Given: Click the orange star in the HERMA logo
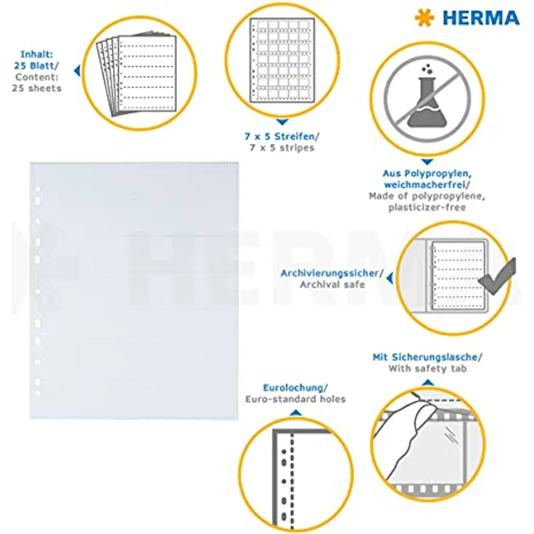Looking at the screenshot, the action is coord(424,17).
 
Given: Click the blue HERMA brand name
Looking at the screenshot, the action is coord(481,18).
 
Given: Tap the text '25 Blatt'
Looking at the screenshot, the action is coord(33,65).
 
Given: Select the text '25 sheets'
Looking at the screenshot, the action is coord(37,89).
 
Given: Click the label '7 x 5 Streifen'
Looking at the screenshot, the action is coord(280,136).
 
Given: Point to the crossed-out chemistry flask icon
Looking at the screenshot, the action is coord(427,99).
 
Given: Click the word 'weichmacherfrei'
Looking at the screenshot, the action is coord(424,184).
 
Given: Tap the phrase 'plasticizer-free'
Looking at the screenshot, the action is coord(427,208).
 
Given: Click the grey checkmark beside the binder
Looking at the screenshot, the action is coord(498,278).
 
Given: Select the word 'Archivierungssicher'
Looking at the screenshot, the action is coord(329,273).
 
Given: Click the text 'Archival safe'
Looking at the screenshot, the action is coord(332,284).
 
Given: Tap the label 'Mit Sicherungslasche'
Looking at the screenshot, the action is coord(424,357).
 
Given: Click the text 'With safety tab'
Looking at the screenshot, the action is coord(427,369).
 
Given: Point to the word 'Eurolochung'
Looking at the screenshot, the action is coord(293,387).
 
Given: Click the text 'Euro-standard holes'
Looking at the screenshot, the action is coord(295,399).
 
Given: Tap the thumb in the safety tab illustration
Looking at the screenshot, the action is coord(425,414).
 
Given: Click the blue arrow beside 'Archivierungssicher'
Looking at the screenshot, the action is coord(390,278).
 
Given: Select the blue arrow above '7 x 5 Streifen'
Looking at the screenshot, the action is coord(282,122).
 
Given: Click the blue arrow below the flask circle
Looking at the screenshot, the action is coord(427,162).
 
